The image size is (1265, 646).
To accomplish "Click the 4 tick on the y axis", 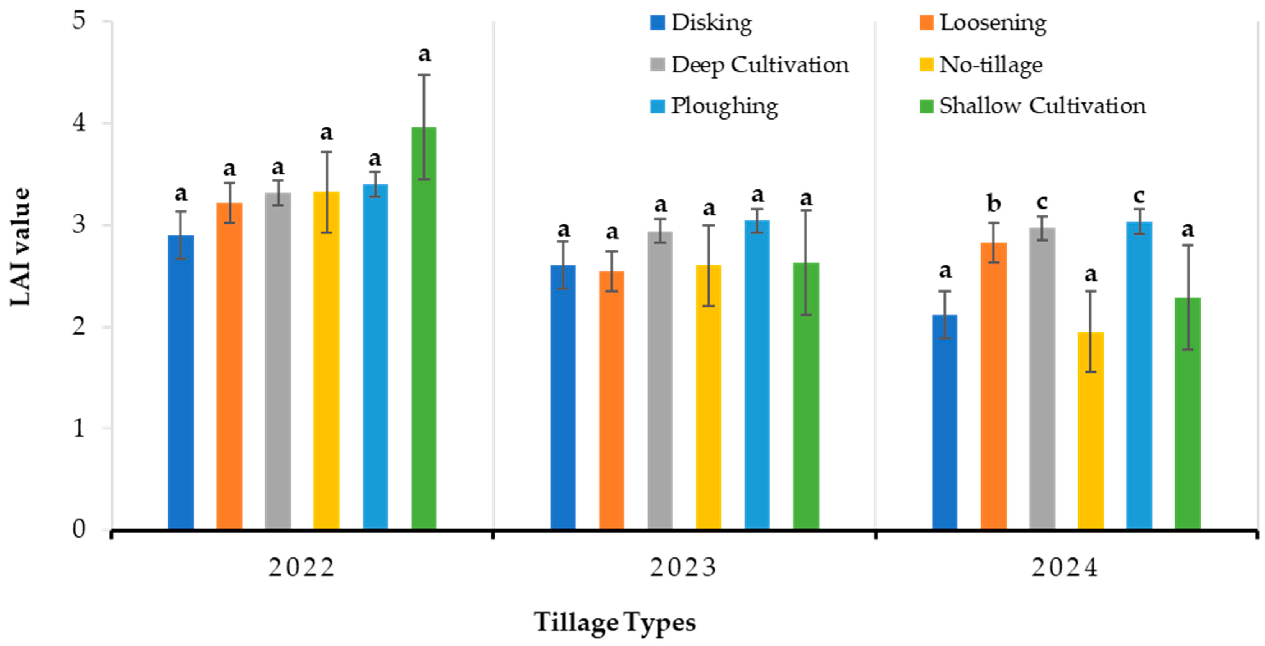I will coord(80,123).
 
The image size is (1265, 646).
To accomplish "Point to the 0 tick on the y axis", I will coord(80,529).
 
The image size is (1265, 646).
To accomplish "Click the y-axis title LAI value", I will coord(21,247).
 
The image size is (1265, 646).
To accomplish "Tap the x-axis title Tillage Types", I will coord(615,622).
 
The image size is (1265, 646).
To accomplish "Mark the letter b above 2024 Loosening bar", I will coord(993,203).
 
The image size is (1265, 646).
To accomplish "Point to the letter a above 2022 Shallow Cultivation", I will coord(424,54).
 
